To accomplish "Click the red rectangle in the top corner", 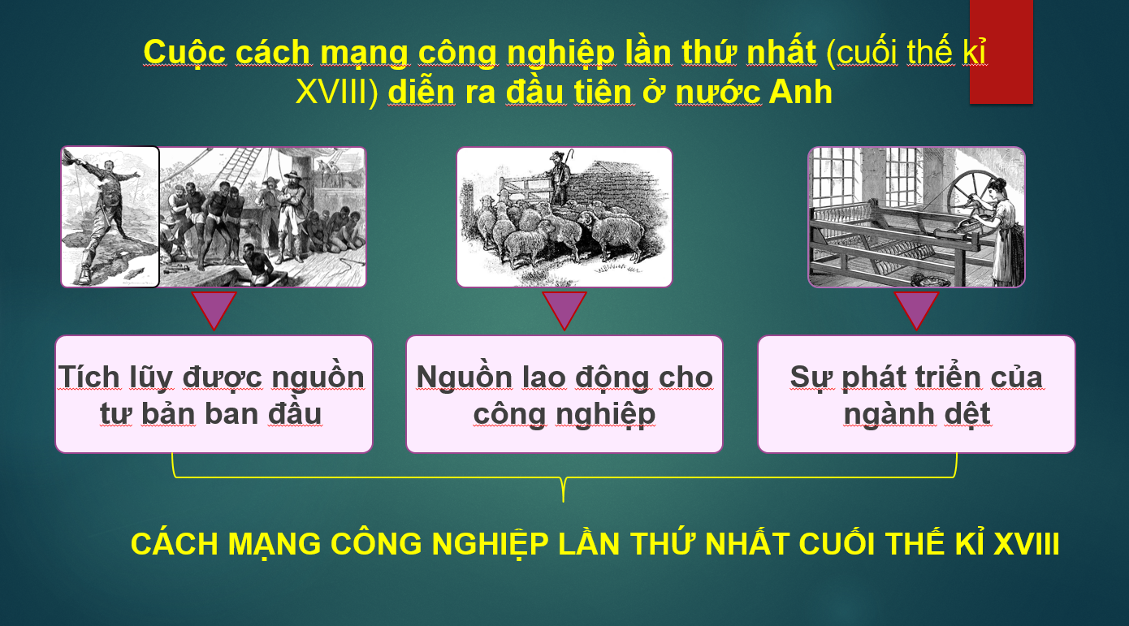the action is pos(1001,51).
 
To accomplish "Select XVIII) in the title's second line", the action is pos(337,93).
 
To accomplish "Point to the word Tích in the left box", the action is pos(89,377).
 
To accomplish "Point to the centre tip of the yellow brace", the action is pos(564,501).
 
